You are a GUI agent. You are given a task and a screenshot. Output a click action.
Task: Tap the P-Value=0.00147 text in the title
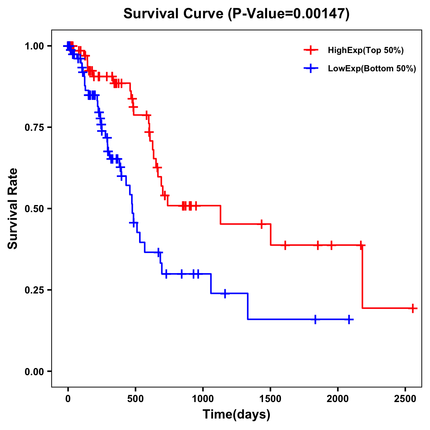point(289,14)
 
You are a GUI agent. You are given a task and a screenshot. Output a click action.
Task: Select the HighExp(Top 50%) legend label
point(365,51)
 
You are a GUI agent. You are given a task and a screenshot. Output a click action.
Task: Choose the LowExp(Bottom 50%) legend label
point(372,69)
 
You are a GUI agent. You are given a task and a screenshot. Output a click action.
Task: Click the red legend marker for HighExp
point(311,50)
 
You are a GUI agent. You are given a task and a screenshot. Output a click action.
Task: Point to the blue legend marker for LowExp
point(311,68)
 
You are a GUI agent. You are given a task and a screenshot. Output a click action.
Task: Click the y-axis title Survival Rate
point(13,208)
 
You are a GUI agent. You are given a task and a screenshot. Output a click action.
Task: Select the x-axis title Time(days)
point(236,415)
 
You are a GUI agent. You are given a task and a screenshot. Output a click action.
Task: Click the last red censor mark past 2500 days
point(413,308)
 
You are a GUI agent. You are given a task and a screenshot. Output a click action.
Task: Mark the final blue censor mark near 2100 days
point(349,319)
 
